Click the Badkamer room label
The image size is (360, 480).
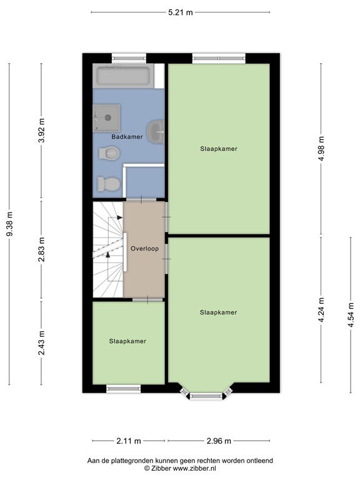127,137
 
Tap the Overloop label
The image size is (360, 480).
145,249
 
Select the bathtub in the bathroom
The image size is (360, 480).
123,76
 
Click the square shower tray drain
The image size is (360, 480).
107,117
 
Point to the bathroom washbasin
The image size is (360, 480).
156,132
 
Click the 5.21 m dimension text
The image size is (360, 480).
181,12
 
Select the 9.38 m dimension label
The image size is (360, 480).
9,224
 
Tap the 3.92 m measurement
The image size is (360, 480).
42,131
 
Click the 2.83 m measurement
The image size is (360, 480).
42,249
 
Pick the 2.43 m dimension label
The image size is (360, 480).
42,343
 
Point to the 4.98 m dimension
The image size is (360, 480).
321,149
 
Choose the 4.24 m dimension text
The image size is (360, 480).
321,310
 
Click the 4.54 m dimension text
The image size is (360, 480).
351,315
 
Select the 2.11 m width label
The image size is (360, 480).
129,441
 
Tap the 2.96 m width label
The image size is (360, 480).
219,441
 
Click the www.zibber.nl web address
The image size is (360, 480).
194,468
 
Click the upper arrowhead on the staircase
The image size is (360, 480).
120,217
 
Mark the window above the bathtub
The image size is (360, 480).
129,58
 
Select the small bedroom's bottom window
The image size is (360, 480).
123,389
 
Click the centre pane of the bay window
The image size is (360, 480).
206,396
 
